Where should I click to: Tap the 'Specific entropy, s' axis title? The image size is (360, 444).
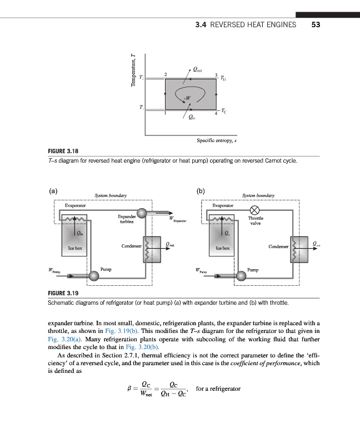pos(217,141)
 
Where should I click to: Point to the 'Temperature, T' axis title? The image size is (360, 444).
pos(133,70)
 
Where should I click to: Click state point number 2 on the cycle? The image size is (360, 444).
pos(165,74)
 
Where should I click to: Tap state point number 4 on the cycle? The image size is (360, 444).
pos(216,114)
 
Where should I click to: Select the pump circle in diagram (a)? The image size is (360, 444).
pos(94,275)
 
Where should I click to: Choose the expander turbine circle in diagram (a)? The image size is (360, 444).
pos(143,213)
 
